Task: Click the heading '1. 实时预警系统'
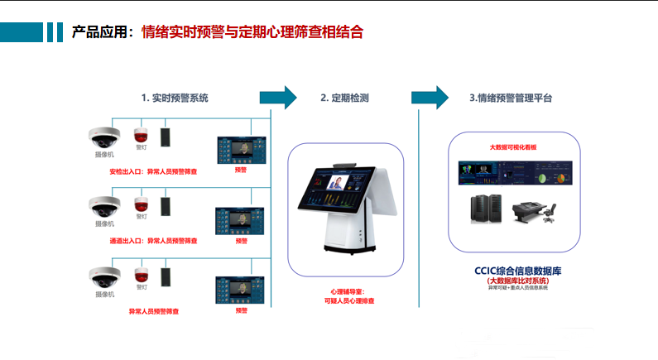tap(174, 98)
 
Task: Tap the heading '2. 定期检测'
tap(344, 98)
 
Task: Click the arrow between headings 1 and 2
tap(278, 97)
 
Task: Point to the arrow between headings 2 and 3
tap(430, 97)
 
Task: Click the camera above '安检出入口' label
tap(105, 136)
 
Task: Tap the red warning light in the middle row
tap(141, 203)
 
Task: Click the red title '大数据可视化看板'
tap(513, 146)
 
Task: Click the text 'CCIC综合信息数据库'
tap(514, 271)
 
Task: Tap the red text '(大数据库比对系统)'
tap(514, 281)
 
